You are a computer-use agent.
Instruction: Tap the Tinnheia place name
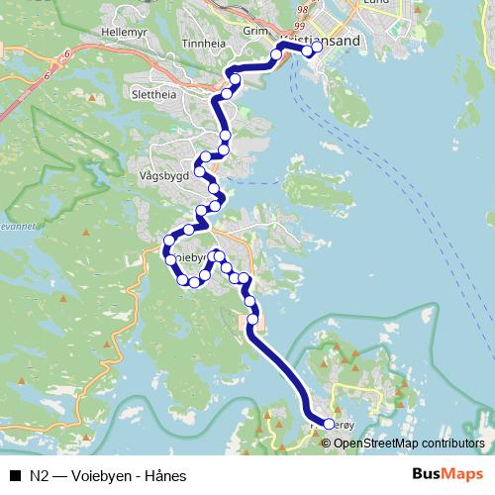point(204,44)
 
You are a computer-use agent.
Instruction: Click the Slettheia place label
point(153,96)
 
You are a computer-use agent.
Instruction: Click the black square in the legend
point(15,475)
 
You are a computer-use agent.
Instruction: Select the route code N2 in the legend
point(40,475)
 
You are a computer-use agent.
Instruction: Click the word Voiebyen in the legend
point(100,475)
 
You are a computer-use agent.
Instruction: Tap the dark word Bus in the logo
point(427,474)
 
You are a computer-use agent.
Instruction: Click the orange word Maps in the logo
point(463,474)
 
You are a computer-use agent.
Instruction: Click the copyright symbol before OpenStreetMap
point(326,443)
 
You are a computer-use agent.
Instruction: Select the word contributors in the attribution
point(453,443)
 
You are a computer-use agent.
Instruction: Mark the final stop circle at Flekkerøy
point(329,424)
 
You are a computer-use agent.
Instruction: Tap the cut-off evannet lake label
point(17,226)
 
